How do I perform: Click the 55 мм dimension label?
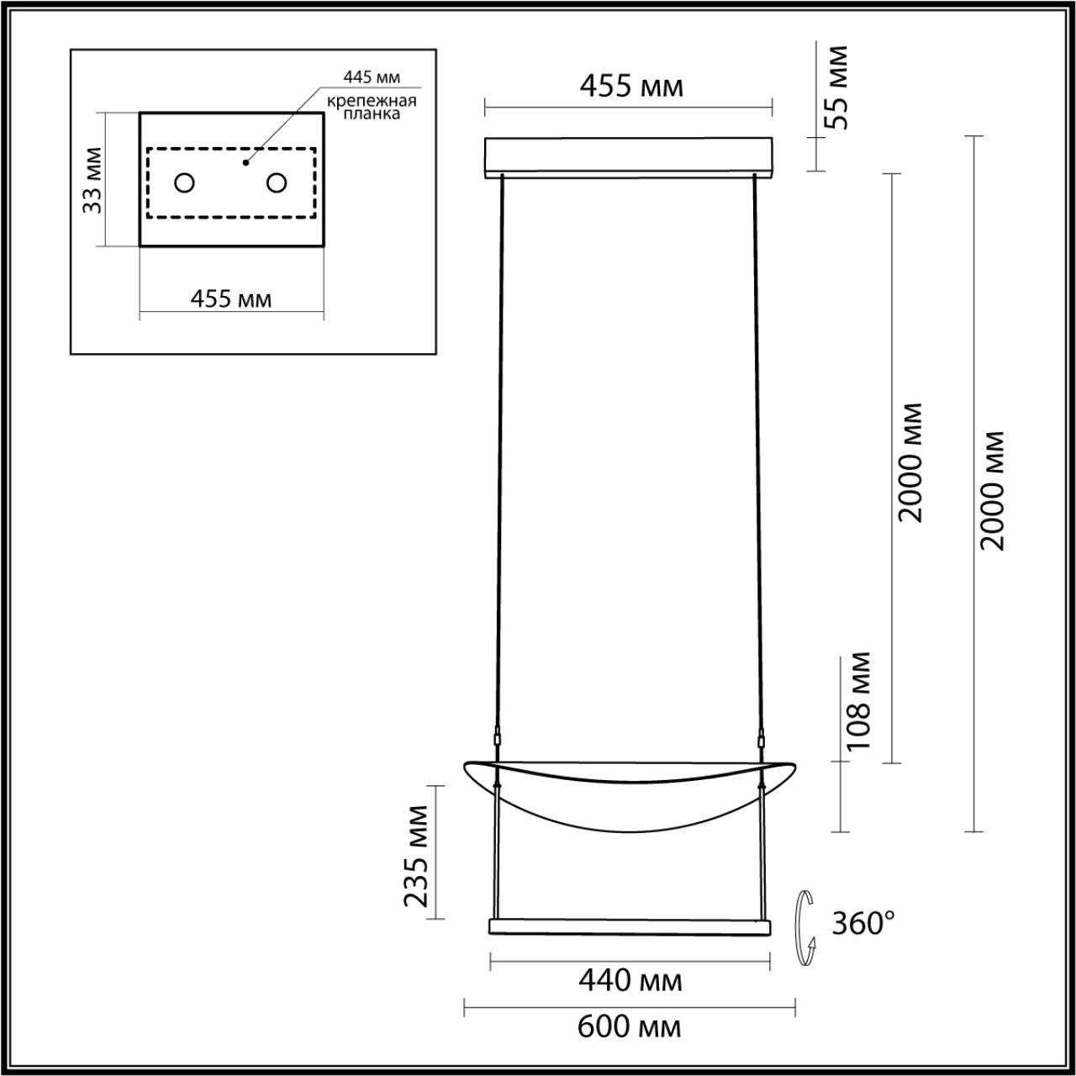tap(836, 87)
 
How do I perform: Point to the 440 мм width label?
tap(630, 980)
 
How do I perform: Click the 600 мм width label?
tap(630, 1026)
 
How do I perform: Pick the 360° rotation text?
tap(862, 924)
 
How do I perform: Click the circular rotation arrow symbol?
tap(808, 930)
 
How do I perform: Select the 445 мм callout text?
tap(371, 78)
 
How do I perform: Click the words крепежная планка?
tap(371, 108)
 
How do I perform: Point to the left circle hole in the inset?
tap(184, 182)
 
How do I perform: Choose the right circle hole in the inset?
tap(277, 182)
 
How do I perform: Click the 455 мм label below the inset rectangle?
tap(231, 298)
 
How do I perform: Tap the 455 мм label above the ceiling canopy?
tap(629, 86)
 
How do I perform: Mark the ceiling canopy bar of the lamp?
tap(629, 157)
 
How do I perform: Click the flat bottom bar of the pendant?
tap(630, 926)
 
